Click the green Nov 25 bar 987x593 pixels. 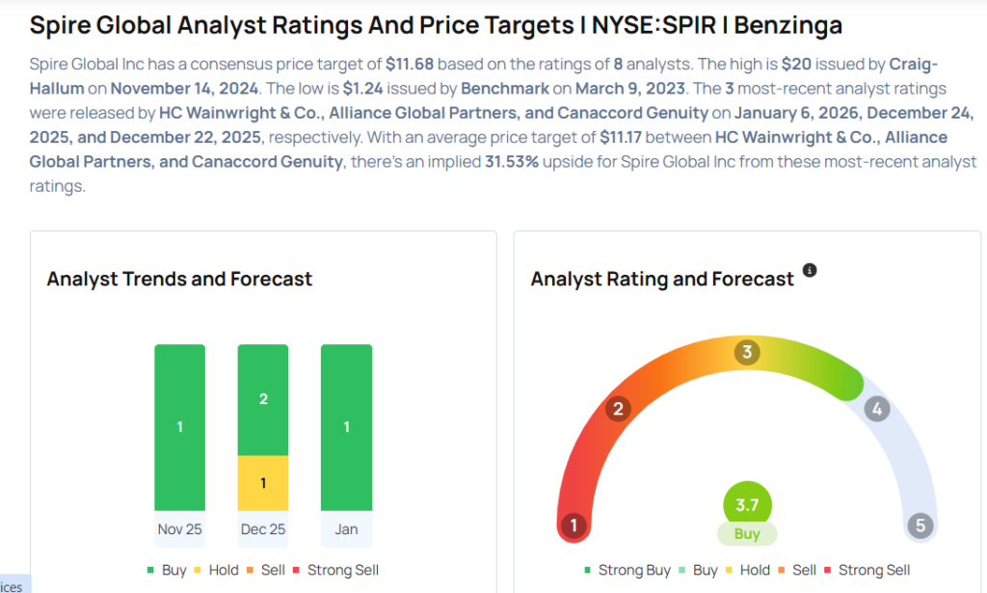(x=179, y=426)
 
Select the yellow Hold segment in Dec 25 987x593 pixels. (x=263, y=482)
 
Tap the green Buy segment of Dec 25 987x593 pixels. (x=263, y=399)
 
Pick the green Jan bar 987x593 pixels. (x=346, y=426)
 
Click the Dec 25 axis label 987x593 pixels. (x=263, y=529)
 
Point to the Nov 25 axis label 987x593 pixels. (x=179, y=529)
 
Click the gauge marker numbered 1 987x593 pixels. (x=574, y=526)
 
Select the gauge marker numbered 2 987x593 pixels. (x=617, y=409)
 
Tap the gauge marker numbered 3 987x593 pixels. (x=746, y=352)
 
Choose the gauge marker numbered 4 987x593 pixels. (x=876, y=409)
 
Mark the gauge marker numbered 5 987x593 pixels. (x=920, y=526)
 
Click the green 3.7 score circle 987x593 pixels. (x=747, y=504)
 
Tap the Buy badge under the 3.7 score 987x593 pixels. (x=747, y=534)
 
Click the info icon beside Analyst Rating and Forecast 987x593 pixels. (x=810, y=271)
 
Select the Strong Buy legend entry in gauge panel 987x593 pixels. (x=627, y=570)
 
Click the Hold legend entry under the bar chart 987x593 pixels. (x=215, y=570)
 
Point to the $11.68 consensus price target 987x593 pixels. (x=411, y=65)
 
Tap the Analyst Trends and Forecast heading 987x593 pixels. (x=179, y=279)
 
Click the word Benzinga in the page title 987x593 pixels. (x=780, y=25)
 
